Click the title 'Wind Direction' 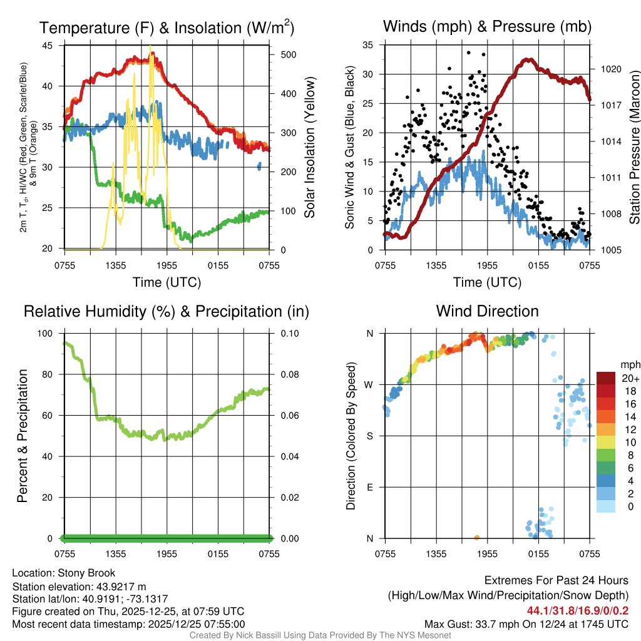(x=487, y=311)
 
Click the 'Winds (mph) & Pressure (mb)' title (x=487, y=27)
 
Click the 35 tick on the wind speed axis (x=369, y=45)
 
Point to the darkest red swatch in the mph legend (x=606, y=378)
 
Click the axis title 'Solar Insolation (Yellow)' (x=309, y=148)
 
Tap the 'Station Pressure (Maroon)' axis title (x=634, y=148)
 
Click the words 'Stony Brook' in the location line (x=86, y=573)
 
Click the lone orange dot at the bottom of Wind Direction (x=477, y=538)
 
